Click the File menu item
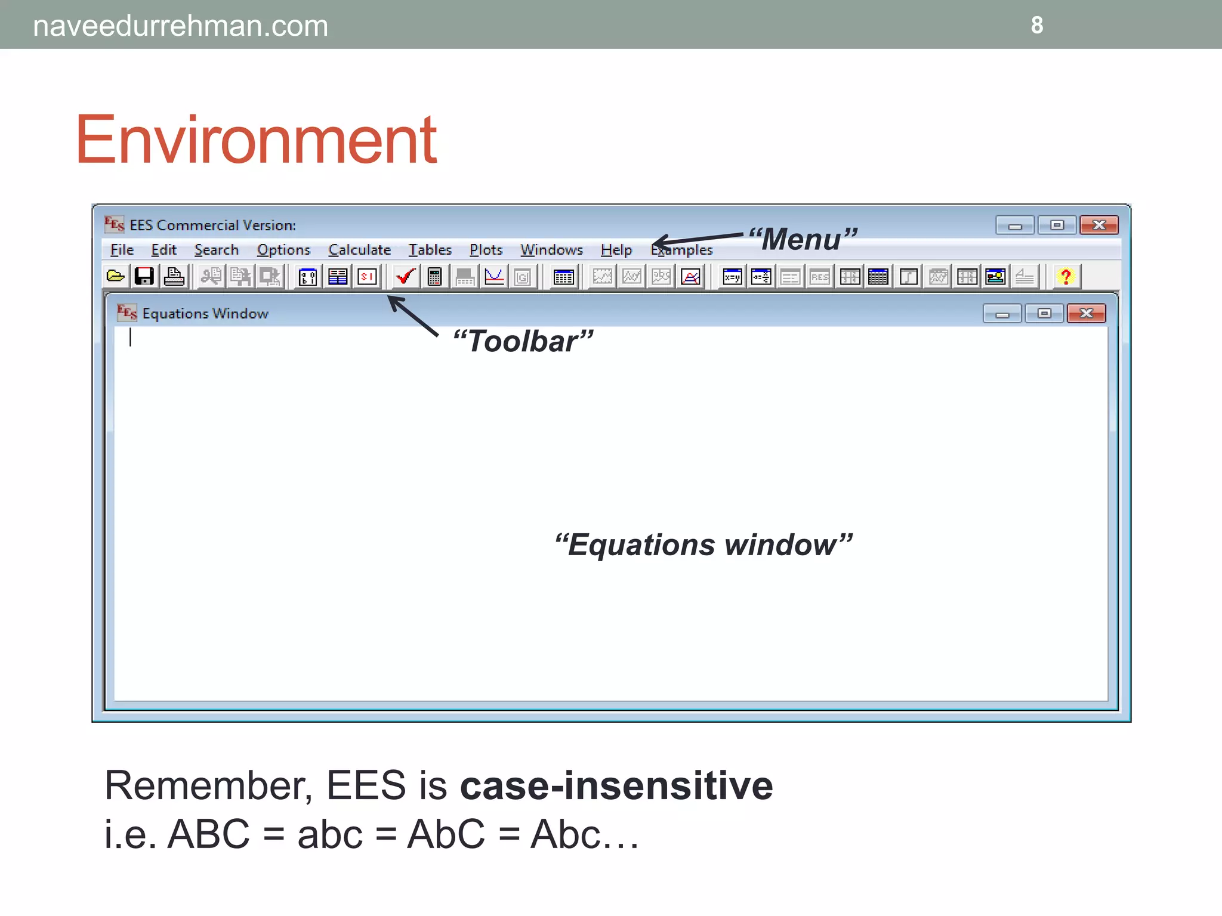[122, 250]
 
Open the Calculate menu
[359, 250]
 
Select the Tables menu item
[430, 250]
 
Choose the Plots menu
[486, 250]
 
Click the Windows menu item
[551, 250]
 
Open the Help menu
[616, 250]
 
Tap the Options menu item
[283, 250]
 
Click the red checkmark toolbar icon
[405, 277]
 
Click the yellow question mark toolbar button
[1066, 277]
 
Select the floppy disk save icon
[144, 277]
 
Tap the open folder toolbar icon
[115, 277]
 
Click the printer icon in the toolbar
[174, 277]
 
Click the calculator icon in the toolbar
[434, 277]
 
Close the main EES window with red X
[1098, 225]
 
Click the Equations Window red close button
[1086, 313]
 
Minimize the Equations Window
[1002, 313]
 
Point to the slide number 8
[1037, 25]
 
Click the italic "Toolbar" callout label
[523, 342]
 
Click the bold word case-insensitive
[616, 785]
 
